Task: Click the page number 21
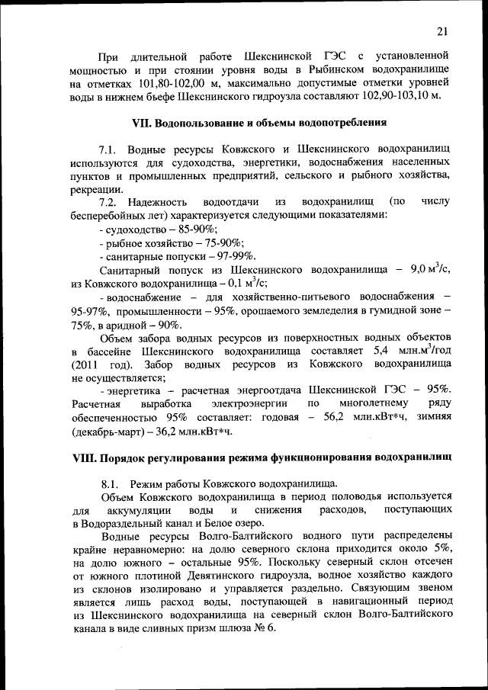(x=443, y=30)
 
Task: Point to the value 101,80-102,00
(x=149, y=84)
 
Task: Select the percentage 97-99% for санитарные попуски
(x=232, y=255)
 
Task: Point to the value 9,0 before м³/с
(x=419, y=270)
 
